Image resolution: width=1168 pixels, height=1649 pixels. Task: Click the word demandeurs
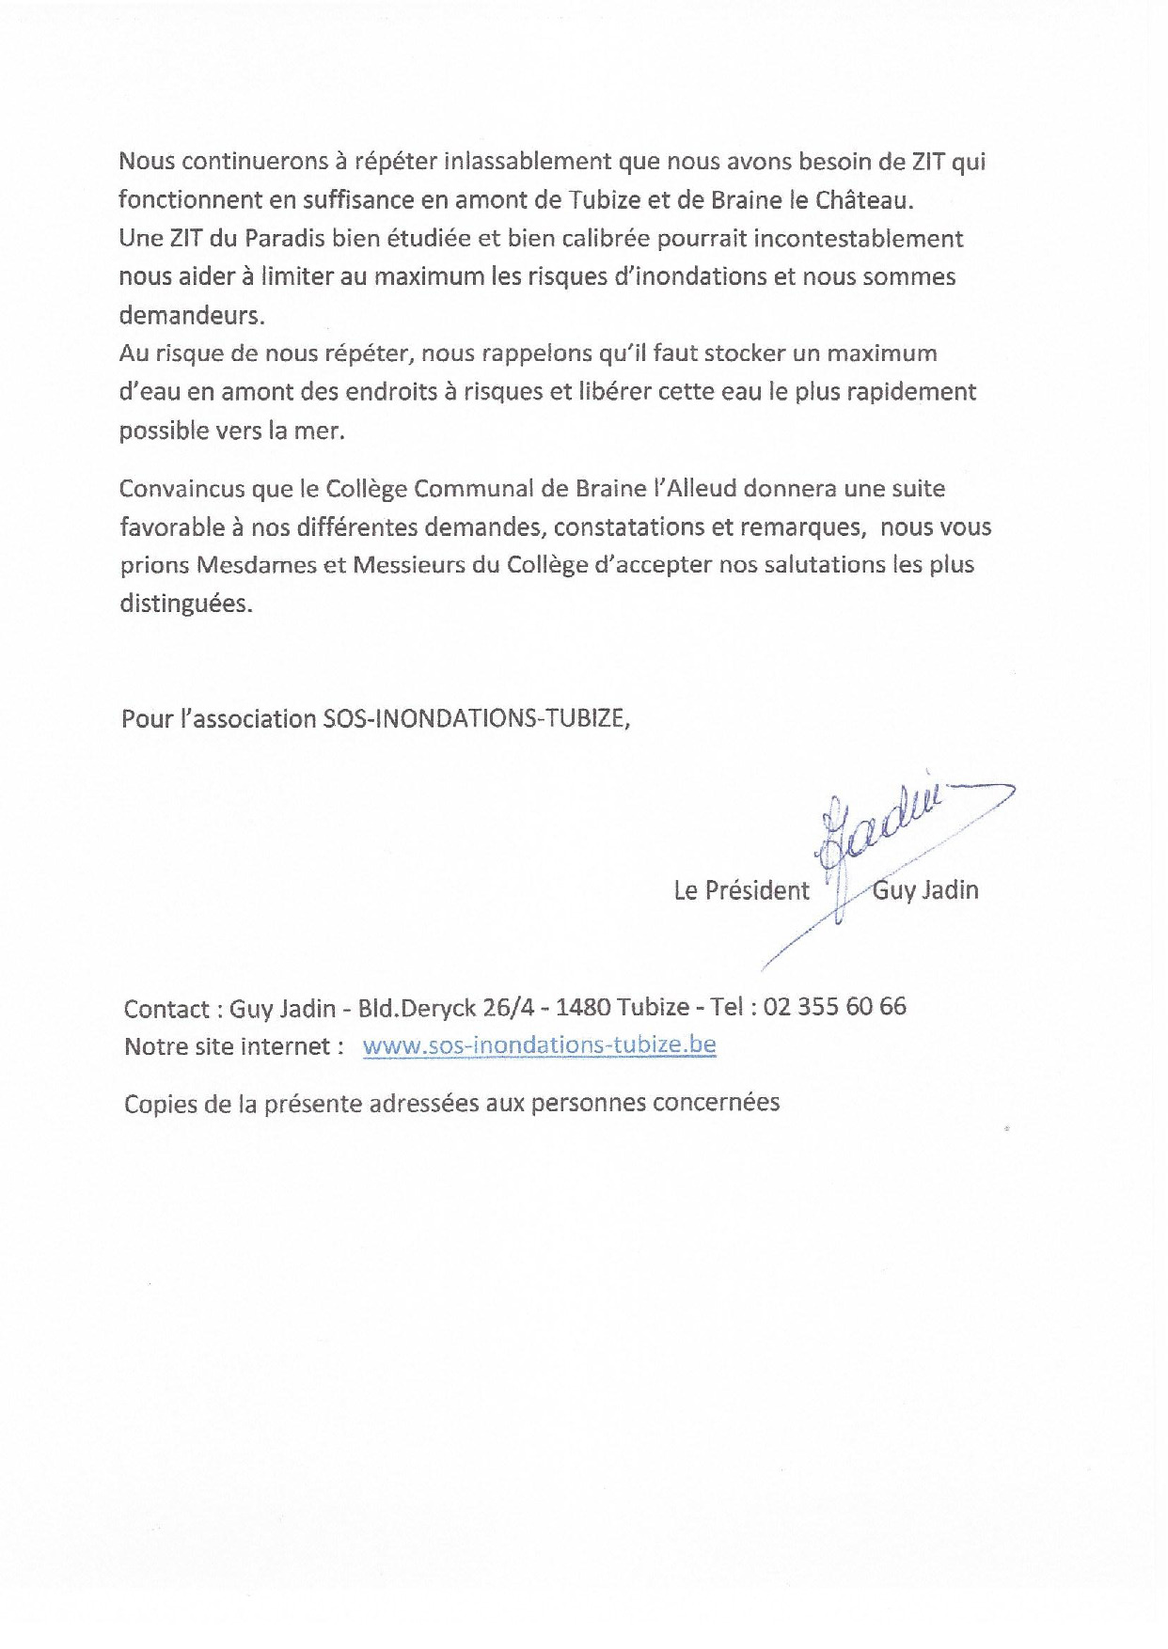tap(191, 316)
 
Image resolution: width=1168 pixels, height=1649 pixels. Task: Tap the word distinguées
tap(185, 605)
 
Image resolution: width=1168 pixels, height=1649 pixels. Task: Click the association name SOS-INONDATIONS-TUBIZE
tap(476, 719)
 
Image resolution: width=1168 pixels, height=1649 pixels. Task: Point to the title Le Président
tap(741, 891)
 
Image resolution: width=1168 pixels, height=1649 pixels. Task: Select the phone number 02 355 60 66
tap(835, 1007)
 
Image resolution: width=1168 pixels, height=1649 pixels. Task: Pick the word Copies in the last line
tap(158, 1104)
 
